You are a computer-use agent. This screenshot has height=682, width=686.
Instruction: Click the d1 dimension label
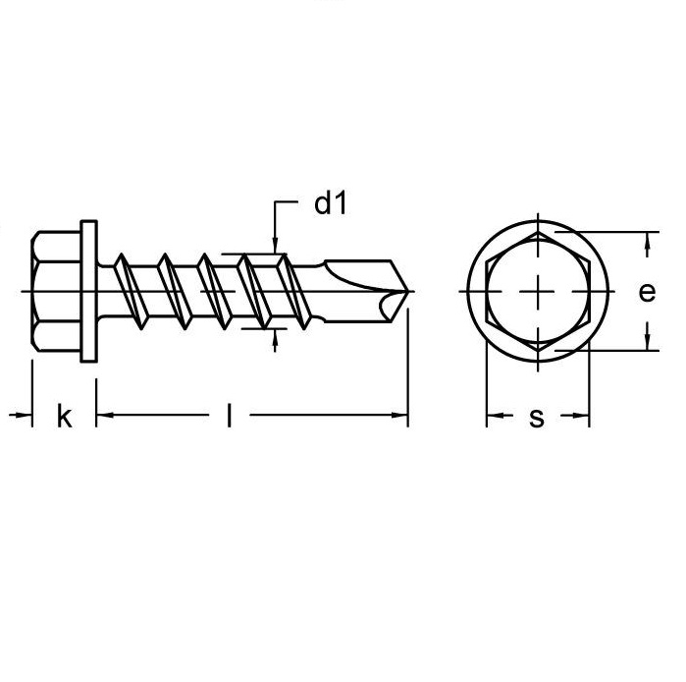[x=331, y=203]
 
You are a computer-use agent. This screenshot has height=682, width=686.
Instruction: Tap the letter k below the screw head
[x=65, y=416]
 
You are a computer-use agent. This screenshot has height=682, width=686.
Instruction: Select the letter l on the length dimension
[x=229, y=416]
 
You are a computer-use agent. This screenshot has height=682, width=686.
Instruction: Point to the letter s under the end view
[x=537, y=418]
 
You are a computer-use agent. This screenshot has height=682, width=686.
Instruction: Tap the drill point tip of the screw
[x=408, y=291]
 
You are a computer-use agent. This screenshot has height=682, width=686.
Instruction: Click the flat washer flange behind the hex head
[x=88, y=291]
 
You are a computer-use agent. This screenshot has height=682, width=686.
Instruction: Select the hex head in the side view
[x=56, y=291]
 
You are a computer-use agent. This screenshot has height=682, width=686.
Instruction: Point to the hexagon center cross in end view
[x=538, y=291]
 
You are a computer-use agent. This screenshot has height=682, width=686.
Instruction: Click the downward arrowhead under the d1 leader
[x=275, y=246]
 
